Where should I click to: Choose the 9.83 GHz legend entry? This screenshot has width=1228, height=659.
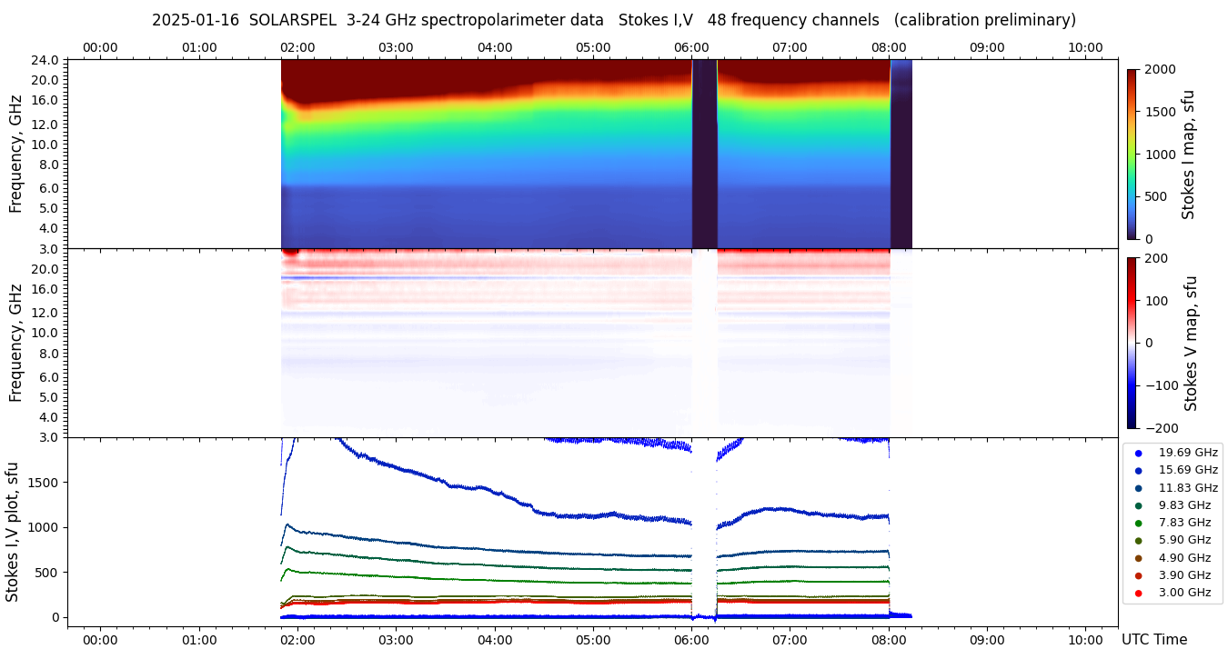(1183, 505)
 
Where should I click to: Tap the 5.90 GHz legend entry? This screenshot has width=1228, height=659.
(1183, 540)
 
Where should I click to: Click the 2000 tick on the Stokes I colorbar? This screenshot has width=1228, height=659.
(1159, 70)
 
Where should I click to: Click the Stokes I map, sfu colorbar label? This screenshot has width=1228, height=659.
(1189, 155)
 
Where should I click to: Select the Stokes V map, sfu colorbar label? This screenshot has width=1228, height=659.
(1191, 344)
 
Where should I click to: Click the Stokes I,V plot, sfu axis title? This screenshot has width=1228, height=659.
(13, 531)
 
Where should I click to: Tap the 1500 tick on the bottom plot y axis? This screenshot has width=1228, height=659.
(44, 483)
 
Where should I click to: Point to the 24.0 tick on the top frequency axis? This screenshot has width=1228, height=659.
(46, 60)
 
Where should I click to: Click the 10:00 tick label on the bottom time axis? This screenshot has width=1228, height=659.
(1085, 639)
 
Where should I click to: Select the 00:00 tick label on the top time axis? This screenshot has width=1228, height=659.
(100, 47)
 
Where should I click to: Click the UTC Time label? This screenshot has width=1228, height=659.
(1153, 639)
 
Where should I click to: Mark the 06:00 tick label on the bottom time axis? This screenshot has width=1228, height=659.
(691, 639)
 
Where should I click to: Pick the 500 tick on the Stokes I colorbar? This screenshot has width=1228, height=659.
(1155, 197)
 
